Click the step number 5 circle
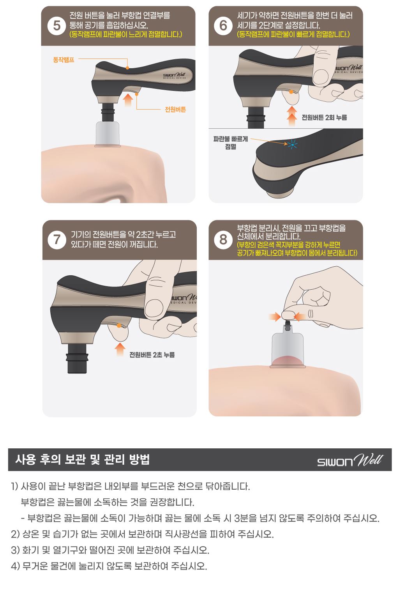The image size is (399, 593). (x=56, y=26)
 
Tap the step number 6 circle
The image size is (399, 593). (x=223, y=26)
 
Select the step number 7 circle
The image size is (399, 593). (x=57, y=240)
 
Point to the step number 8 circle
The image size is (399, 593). (x=223, y=240)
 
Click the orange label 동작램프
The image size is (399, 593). (x=64, y=60)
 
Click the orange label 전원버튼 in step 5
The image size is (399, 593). (x=175, y=109)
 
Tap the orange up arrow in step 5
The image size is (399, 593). (x=128, y=100)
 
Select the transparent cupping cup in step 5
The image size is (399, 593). (x=107, y=134)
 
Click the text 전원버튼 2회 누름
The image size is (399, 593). (x=324, y=117)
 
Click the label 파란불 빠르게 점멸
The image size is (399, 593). (x=230, y=143)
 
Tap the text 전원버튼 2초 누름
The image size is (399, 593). (x=152, y=355)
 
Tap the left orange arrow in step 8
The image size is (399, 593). (x=275, y=317)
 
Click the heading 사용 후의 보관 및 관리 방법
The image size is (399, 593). (x=83, y=460)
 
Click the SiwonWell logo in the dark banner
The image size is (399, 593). (x=350, y=460)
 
